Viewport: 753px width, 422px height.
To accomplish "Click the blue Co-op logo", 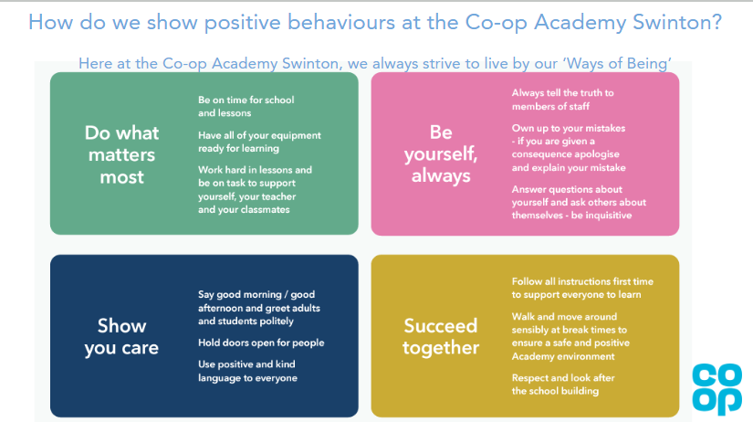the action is [x=717, y=389].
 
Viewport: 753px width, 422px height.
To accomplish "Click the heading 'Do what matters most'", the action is [x=121, y=154].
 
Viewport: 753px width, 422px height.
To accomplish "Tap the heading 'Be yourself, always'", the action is [x=441, y=153].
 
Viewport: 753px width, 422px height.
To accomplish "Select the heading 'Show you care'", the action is [x=121, y=336].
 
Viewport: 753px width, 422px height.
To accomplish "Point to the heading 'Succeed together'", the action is [x=441, y=336].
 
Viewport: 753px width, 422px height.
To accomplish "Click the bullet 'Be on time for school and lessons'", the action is [x=246, y=106].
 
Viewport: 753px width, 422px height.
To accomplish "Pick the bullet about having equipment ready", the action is [x=259, y=142].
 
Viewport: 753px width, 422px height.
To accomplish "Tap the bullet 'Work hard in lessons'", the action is [x=255, y=189].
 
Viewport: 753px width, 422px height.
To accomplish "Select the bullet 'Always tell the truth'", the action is [x=562, y=100].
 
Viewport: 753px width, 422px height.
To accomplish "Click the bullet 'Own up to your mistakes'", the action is [x=569, y=148].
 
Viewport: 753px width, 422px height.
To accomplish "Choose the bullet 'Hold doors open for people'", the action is [x=261, y=343].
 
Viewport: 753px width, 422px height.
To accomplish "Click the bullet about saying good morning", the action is [x=259, y=308].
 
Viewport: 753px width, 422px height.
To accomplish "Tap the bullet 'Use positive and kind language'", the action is [x=247, y=371].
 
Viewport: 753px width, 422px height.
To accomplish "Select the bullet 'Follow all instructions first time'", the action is [x=582, y=288].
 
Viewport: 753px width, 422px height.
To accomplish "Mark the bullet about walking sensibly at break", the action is [x=570, y=336].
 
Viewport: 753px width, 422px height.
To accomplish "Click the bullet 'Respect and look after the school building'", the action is [x=563, y=384].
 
